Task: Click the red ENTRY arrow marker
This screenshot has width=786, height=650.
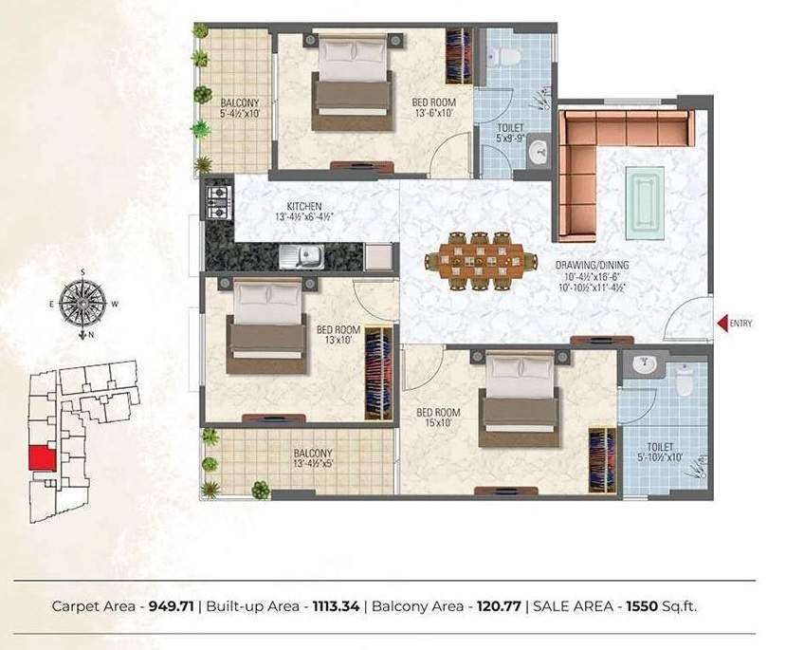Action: [x=722, y=324]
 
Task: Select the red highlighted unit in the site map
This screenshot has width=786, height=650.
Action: [x=42, y=457]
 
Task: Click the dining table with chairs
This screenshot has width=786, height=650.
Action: [x=473, y=258]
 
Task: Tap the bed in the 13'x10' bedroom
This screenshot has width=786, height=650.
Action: [x=264, y=327]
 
